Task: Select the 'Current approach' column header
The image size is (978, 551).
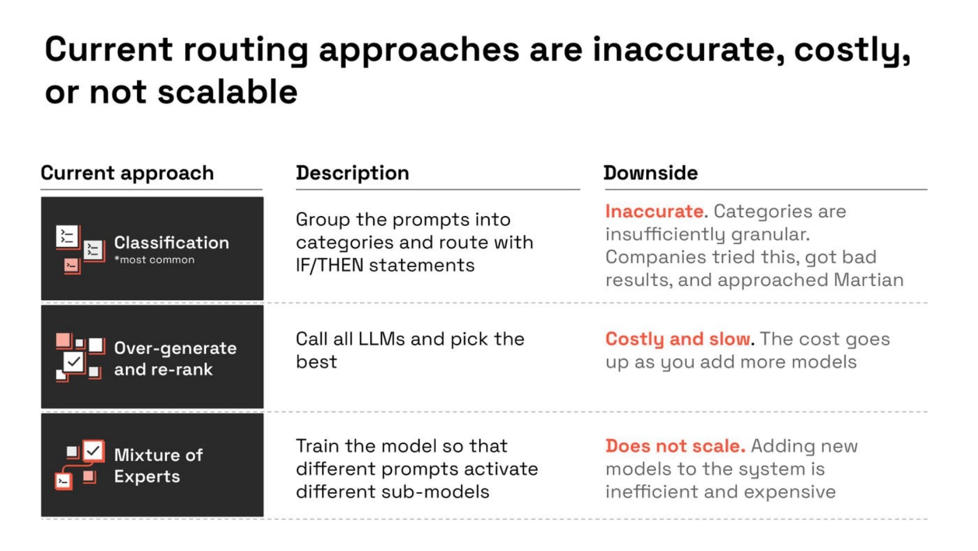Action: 127,173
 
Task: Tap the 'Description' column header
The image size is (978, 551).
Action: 352,173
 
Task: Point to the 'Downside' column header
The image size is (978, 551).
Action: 651,173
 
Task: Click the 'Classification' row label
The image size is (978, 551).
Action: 172,242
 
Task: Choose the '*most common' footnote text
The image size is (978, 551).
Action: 154,260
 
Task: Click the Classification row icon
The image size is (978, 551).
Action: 80,249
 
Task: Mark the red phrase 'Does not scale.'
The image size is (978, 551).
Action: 675,446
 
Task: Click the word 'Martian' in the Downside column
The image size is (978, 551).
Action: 869,280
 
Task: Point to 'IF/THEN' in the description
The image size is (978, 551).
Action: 329,266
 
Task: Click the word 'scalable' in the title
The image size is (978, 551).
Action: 228,92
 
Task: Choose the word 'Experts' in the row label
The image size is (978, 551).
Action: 147,476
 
